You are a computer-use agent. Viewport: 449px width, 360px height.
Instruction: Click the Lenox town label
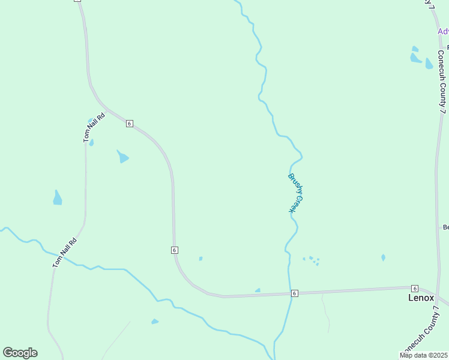tap(421, 298)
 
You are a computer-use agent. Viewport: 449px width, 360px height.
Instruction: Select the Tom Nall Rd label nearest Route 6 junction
tap(94, 128)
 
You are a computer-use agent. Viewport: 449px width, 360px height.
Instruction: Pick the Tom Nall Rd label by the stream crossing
tap(65, 253)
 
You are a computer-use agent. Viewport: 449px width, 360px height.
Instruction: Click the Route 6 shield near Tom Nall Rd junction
tap(129, 124)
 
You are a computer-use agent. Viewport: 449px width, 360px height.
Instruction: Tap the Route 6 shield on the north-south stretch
tap(174, 250)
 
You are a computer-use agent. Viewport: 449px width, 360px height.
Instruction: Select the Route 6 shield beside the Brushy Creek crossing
tap(294, 293)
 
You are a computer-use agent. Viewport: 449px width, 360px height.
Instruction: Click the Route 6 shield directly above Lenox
tap(414, 289)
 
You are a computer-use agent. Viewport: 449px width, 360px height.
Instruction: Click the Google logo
tap(20, 353)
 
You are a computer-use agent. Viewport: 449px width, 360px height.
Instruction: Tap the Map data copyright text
tap(424, 355)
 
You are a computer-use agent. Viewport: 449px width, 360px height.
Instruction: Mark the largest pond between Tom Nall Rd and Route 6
tap(122, 157)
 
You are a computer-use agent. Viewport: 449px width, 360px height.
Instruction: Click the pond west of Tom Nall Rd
tap(57, 198)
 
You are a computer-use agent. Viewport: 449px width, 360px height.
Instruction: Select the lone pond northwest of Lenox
tap(383, 257)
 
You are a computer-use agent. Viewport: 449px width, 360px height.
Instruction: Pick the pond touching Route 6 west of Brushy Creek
tap(258, 291)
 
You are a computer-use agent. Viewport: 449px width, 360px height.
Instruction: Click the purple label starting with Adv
tap(443, 31)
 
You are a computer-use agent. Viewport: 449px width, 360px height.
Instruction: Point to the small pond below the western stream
tap(155, 322)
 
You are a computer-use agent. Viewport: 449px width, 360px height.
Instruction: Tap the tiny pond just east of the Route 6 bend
tap(200, 259)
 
